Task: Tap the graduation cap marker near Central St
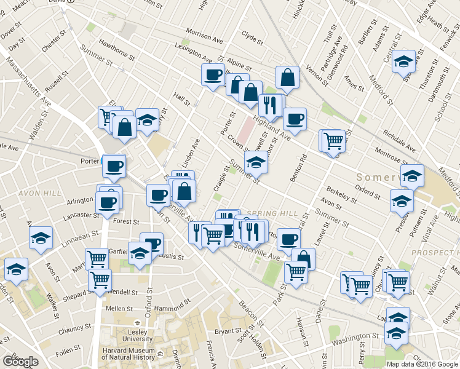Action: click(x=404, y=61)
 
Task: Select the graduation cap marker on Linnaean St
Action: click(x=41, y=237)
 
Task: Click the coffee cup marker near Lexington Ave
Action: click(x=213, y=75)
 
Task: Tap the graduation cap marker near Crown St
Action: click(x=256, y=163)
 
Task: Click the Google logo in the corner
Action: click(x=20, y=362)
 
